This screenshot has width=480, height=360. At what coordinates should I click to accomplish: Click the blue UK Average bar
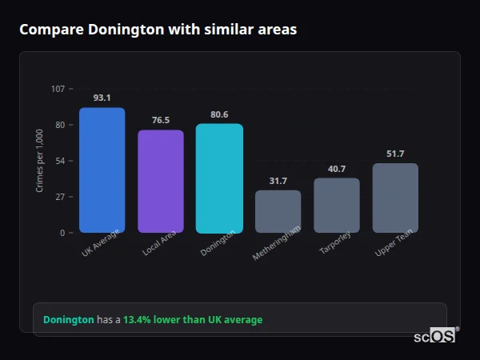point(102,170)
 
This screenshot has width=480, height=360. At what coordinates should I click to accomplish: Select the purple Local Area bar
point(161,182)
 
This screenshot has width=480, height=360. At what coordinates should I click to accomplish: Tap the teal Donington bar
point(219,178)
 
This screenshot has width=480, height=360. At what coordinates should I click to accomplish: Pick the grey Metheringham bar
point(278,211)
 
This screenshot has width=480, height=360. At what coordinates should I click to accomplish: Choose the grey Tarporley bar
point(337,206)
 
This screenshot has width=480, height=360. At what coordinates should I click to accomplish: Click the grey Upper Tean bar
point(395,198)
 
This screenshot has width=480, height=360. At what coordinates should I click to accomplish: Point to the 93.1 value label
point(102,98)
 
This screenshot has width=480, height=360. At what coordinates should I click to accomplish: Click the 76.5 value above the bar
point(161,120)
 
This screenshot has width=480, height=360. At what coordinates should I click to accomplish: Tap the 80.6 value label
point(219,114)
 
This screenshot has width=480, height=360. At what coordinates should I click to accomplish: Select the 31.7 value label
point(278,181)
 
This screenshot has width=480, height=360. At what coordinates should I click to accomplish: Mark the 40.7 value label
point(337,169)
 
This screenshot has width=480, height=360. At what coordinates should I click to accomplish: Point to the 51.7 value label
point(395,154)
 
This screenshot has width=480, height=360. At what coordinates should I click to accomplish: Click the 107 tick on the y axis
point(58,89)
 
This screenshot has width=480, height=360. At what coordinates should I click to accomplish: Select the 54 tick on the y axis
point(60,161)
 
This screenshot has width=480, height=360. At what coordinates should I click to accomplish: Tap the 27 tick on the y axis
point(60,197)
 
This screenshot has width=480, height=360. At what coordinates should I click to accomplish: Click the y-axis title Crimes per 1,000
point(40,161)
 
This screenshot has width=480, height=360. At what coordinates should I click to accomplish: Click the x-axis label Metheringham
point(276,245)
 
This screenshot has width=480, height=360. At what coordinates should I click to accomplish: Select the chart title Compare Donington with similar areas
point(158,30)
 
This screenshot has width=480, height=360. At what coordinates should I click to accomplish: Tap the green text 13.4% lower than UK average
point(192,320)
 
